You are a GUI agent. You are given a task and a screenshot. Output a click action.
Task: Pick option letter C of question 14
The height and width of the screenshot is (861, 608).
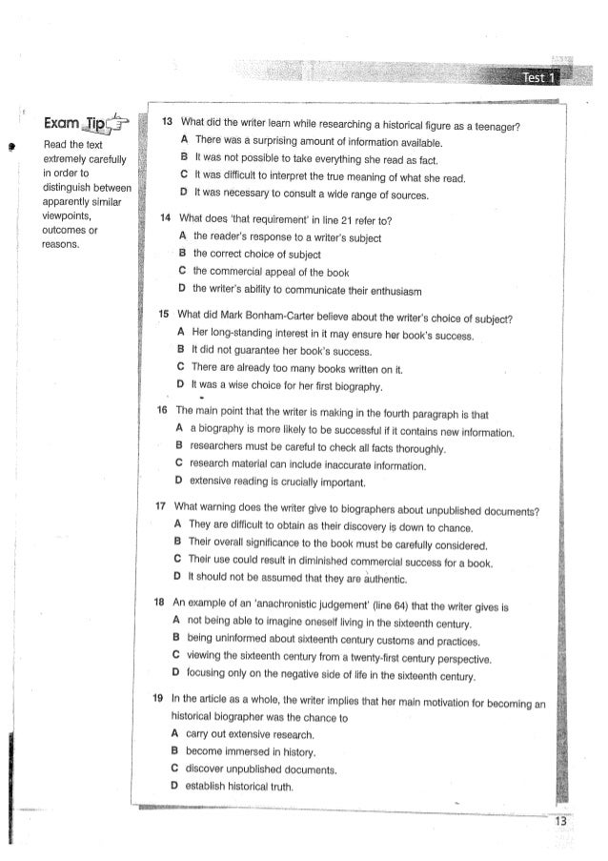181,270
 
